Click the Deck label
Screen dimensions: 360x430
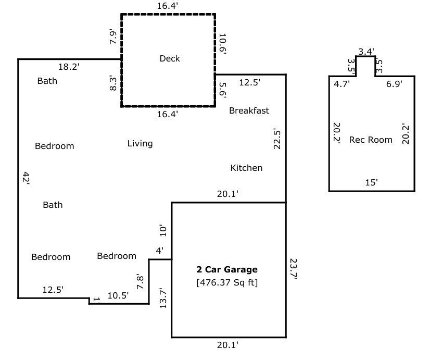pyautogui.click(x=170, y=58)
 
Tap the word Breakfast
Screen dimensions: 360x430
pyautogui.click(x=249, y=110)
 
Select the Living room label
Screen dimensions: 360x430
pyautogui.click(x=140, y=143)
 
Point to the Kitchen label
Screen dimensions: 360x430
pyautogui.click(x=246, y=168)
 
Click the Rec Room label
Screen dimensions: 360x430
pyautogui.click(x=371, y=140)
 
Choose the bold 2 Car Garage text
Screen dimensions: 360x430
pyautogui.click(x=227, y=270)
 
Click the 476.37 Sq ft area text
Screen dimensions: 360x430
pyautogui.click(x=227, y=283)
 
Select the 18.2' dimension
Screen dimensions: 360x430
pyautogui.click(x=69, y=67)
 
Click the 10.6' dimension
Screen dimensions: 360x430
pyautogui.click(x=223, y=44)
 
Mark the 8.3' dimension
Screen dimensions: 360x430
pyautogui.click(x=113, y=83)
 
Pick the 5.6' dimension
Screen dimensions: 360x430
pyautogui.click(x=222, y=90)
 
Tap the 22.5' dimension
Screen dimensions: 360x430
pyautogui.click(x=277, y=139)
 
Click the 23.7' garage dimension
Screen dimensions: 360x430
pyautogui.click(x=293, y=269)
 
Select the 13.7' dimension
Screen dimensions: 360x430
pyautogui.click(x=163, y=298)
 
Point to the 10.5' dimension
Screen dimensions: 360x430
pyautogui.click(x=118, y=295)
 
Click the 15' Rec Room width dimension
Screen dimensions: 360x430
pyautogui.click(x=372, y=182)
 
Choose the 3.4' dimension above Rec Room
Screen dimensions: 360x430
pyautogui.click(x=366, y=51)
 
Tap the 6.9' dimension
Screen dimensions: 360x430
pyautogui.click(x=394, y=83)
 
